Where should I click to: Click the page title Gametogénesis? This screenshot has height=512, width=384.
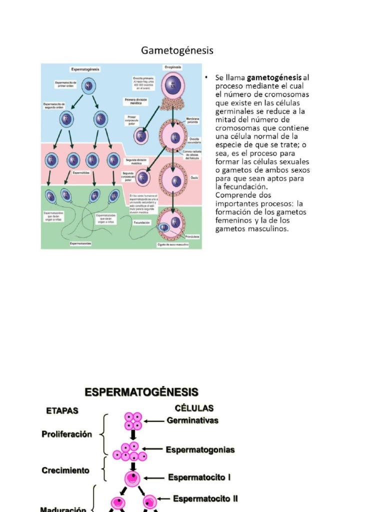point(177,50)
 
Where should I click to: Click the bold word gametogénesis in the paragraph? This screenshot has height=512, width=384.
point(274,77)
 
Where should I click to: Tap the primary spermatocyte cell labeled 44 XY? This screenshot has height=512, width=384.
point(88,85)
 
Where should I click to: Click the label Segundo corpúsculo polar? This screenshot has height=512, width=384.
point(131,175)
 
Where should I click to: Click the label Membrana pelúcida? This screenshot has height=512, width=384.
point(192,120)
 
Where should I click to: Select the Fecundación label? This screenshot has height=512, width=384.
point(142,222)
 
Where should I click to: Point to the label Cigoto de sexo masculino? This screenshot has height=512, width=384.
point(172,244)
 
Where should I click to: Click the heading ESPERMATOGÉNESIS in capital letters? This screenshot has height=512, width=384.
point(141,392)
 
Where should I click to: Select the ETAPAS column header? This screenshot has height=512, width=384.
point(62,410)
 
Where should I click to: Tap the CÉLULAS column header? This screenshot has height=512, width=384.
point(194,408)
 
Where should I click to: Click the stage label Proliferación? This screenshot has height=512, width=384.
point(66,434)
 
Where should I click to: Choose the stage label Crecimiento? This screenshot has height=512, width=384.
point(65,470)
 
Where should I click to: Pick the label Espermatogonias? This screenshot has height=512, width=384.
point(200,449)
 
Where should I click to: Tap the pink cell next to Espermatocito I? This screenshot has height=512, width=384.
point(133,478)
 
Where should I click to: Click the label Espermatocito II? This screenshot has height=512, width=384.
point(205,498)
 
